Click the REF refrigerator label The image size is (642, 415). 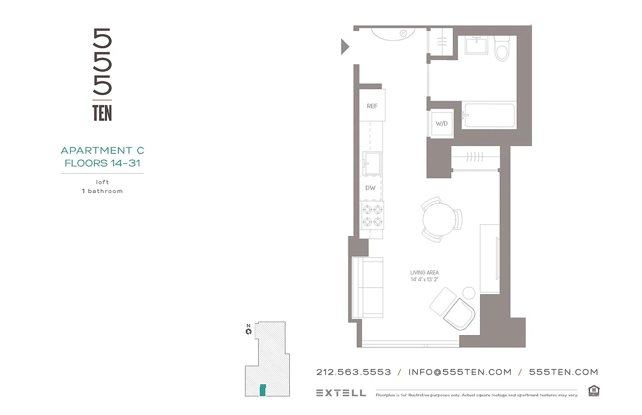(372, 106)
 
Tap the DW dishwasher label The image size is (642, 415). (370, 188)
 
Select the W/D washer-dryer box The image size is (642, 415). (442, 124)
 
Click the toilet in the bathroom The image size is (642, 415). (502, 48)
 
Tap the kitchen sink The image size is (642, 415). (371, 163)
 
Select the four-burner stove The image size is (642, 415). (372, 215)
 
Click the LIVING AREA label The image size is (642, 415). (424, 272)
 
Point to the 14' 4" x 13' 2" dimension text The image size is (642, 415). (424, 280)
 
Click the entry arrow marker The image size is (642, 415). (344, 47)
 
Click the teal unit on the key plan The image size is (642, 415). (263, 390)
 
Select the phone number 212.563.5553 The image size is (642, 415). (353, 372)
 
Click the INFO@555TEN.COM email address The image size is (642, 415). (460, 372)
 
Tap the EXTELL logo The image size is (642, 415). (341, 393)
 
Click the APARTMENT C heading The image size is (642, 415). (102, 150)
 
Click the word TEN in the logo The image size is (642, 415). (102, 113)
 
